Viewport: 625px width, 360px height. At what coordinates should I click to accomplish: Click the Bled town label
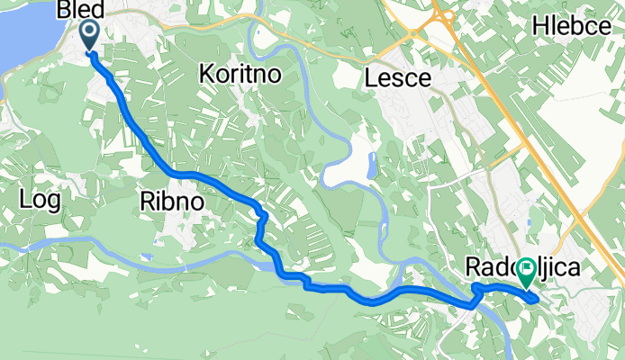79,10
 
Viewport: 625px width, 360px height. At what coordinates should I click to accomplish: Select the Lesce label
397,79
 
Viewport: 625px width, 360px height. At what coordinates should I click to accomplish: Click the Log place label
41,200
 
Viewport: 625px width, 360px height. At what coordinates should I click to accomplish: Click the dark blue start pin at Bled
91,34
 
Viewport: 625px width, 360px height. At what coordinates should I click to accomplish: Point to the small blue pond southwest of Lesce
372,165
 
